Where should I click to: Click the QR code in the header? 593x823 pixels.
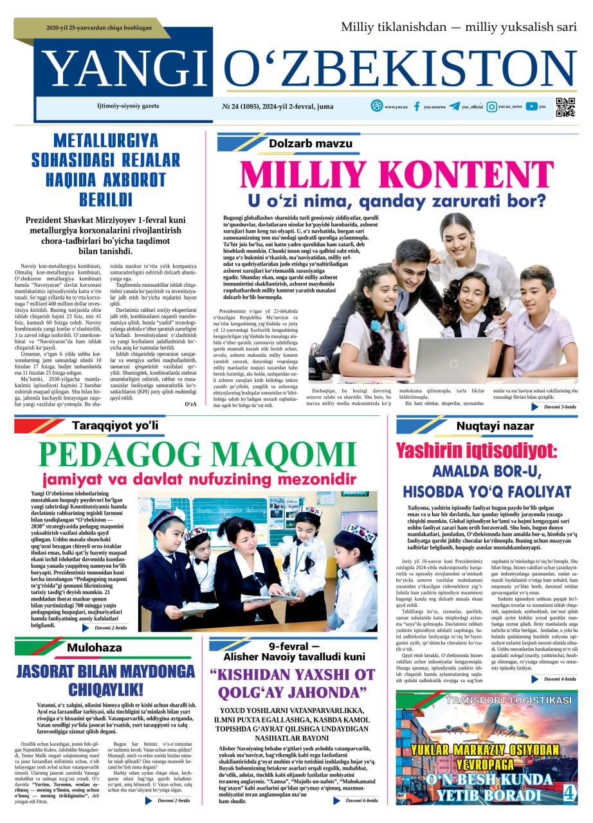point(565,107)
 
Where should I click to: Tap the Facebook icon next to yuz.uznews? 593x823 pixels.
point(417,107)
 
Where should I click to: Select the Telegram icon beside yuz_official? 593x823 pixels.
point(455,107)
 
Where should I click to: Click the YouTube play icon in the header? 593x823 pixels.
point(531,107)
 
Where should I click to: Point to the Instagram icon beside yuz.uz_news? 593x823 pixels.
point(491,107)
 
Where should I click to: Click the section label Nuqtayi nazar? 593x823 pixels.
point(486,426)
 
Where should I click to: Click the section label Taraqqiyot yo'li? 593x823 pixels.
point(114,426)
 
